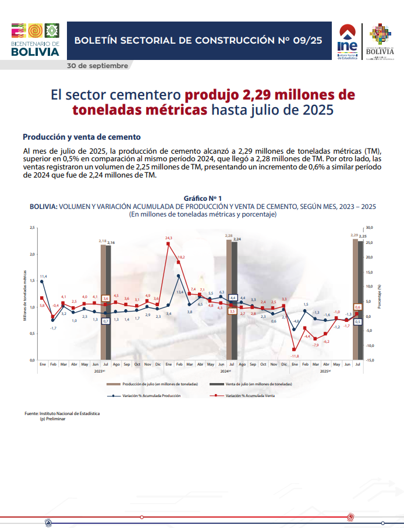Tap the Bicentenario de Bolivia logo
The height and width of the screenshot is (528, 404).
pyautogui.click(x=35, y=40)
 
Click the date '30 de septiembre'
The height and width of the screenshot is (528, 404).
pyautogui.click(x=97, y=66)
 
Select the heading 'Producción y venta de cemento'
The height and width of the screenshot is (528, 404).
pyautogui.click(x=81, y=137)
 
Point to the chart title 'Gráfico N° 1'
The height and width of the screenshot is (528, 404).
pyautogui.click(x=203, y=199)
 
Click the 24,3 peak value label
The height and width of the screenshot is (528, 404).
pyautogui.click(x=169, y=238)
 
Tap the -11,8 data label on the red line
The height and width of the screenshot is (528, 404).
pyautogui.click(x=295, y=356)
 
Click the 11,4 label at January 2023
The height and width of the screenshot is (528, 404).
pyautogui.click(x=43, y=276)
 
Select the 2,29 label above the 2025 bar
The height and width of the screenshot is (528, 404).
pyautogui.click(x=354, y=235)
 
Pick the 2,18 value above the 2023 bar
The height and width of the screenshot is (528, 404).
pyautogui.click(x=102, y=240)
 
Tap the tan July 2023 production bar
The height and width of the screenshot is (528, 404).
pyautogui.click(x=103, y=303)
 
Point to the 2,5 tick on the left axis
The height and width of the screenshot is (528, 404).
pyautogui.click(x=32, y=228)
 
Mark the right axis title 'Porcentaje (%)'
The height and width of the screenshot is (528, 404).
pyautogui.click(x=379, y=296)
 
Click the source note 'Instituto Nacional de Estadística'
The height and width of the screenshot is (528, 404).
pyautogui.click(x=70, y=413)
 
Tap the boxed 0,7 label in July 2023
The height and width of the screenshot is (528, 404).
pyautogui.click(x=105, y=321)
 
